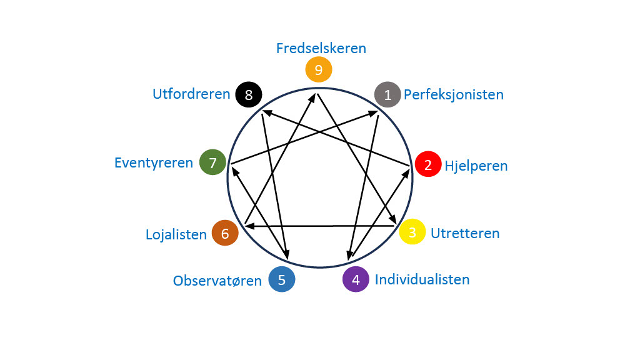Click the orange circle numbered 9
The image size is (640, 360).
318,69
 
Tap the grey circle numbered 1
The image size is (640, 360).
387,95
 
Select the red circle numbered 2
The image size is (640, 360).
428,165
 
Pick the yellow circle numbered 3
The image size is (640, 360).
412,232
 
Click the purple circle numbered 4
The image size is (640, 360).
356,279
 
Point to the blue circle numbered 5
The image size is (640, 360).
282,279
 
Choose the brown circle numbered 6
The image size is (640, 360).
225,234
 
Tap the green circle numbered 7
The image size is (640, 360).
212,162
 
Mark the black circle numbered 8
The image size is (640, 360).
249,95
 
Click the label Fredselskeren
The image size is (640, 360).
321,48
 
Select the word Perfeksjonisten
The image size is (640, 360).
454,95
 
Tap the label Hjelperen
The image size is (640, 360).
476,166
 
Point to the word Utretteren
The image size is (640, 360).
465,234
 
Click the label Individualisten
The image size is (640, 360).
422,279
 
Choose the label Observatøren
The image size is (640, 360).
217,281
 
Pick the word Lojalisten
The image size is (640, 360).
176,235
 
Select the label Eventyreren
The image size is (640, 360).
154,163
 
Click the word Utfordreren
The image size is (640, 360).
191,95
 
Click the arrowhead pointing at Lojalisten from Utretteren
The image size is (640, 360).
249,226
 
